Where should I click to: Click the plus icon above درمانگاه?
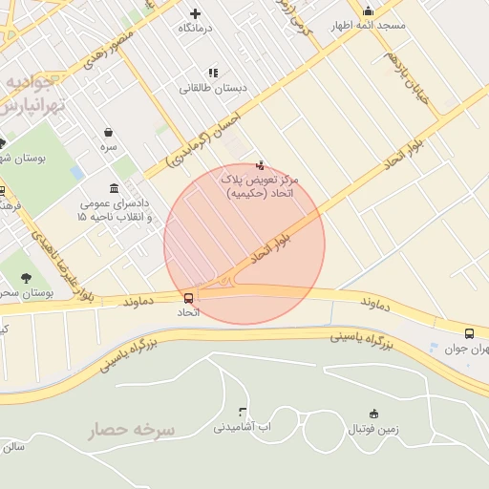(x=196, y=13)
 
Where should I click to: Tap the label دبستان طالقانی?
(x=213, y=88)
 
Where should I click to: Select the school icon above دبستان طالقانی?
(x=212, y=73)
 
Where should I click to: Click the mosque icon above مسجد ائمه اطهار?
(x=368, y=11)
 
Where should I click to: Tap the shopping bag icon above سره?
(x=108, y=132)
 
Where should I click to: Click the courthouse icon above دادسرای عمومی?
(x=115, y=187)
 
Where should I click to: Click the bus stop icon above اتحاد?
(x=188, y=298)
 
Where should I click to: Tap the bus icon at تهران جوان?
(x=469, y=333)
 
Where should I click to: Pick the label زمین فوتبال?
(x=372, y=429)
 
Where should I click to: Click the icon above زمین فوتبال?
(x=373, y=414)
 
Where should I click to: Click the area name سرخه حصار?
(x=133, y=431)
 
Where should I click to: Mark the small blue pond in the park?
(x=76, y=172)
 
